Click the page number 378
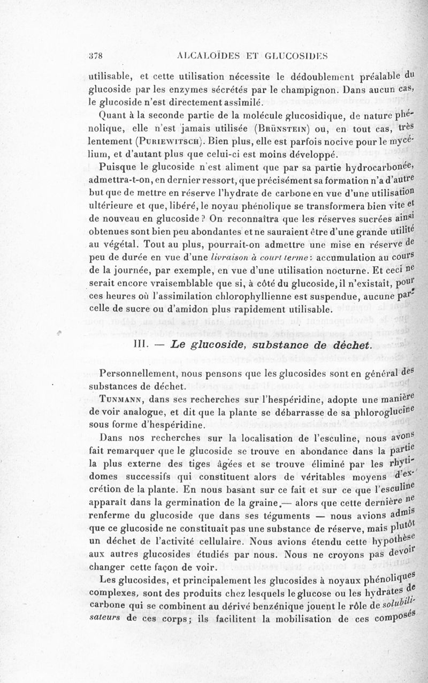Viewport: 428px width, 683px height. (95, 55)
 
